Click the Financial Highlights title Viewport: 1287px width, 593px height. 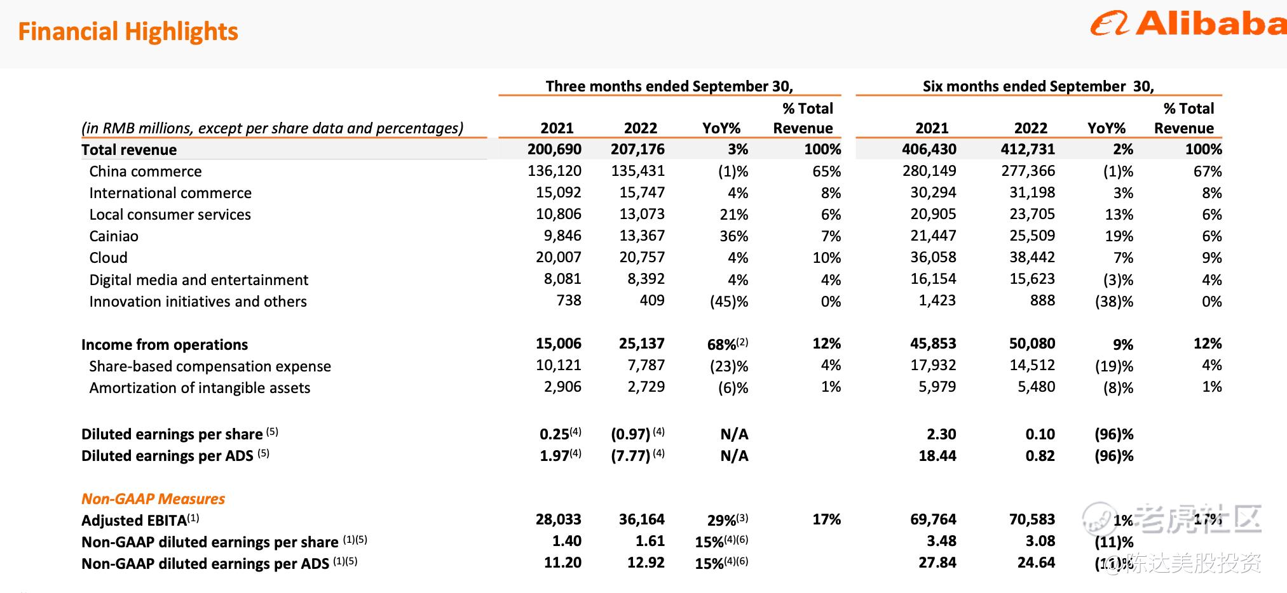click(x=128, y=31)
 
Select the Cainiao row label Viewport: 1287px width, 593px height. click(x=114, y=236)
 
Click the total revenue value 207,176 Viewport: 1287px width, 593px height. click(x=637, y=149)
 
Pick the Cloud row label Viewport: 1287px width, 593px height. click(x=109, y=258)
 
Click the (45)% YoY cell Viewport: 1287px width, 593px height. click(x=729, y=302)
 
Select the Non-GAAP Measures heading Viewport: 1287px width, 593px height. click(x=153, y=499)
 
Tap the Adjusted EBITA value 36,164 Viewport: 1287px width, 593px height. click(x=642, y=519)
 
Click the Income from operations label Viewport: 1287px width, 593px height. click(x=165, y=345)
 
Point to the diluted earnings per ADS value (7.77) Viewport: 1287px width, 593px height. click(x=630, y=456)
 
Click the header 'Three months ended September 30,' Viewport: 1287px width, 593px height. click(x=669, y=86)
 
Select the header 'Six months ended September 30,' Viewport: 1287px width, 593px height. click(x=1038, y=86)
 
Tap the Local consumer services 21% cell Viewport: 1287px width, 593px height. click(x=734, y=215)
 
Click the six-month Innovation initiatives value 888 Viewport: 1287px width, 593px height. click(x=1042, y=300)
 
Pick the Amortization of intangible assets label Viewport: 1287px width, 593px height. click(x=200, y=388)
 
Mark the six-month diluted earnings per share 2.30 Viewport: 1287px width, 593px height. click(x=941, y=434)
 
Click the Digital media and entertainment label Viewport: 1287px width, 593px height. click(x=198, y=280)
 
